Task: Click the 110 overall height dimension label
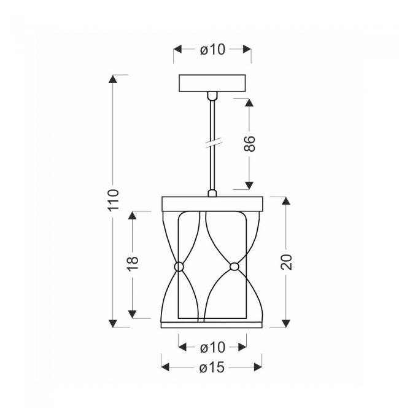tap(113, 200)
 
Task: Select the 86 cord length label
tap(249, 144)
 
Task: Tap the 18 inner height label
tap(133, 264)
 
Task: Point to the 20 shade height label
tap(286, 262)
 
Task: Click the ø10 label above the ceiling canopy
tap(212, 50)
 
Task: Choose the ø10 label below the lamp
tap(212, 347)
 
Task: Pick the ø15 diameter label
tap(212, 367)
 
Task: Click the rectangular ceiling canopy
tap(212, 83)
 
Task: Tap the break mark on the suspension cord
tap(214, 143)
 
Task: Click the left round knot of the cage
tap(179, 267)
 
